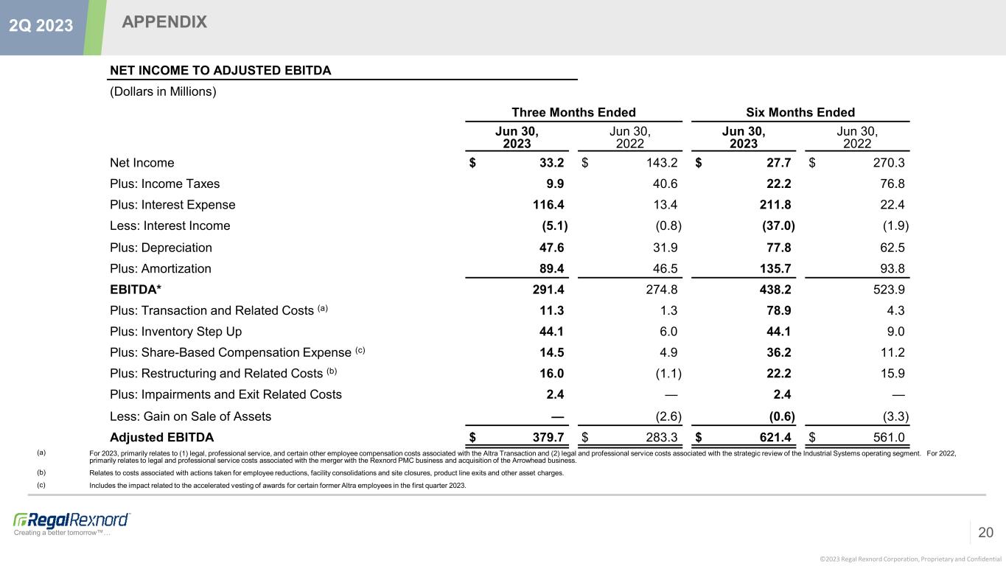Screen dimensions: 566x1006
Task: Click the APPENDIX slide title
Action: (164, 23)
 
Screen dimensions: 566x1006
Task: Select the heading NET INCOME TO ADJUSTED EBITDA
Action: (220, 70)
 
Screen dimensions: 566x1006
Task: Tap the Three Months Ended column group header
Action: (573, 113)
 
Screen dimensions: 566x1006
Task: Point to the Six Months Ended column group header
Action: (802, 113)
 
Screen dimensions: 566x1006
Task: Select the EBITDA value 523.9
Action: (890, 290)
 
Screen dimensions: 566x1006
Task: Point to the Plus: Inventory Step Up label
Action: (175, 332)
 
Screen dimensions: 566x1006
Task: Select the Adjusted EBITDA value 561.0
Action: (890, 439)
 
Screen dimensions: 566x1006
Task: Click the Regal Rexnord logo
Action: (71, 520)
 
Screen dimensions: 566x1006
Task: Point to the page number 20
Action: (985, 532)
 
